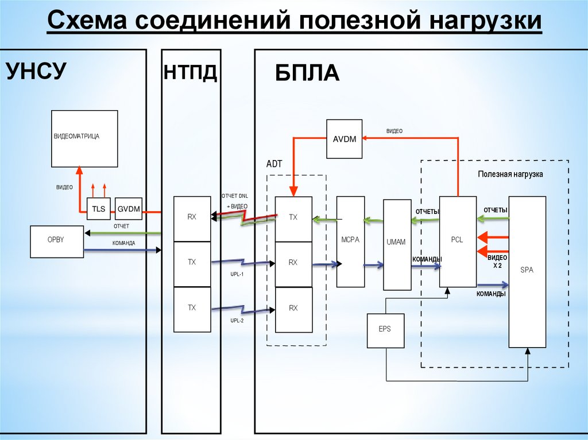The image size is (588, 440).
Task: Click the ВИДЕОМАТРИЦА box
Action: click(x=84, y=138)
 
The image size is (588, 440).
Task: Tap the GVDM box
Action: click(x=128, y=209)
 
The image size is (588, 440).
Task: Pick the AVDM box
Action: click(x=345, y=139)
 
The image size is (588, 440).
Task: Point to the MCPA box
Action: click(x=350, y=242)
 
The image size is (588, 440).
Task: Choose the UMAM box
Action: click(x=397, y=244)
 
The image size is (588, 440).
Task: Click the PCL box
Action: click(x=458, y=241)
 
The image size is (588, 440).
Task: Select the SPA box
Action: click(x=527, y=271)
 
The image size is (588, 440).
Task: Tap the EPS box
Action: click(x=385, y=330)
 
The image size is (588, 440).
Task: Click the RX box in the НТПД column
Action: click(x=192, y=219)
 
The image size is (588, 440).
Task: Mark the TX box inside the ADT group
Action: click(x=293, y=219)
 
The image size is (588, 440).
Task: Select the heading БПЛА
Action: click(x=307, y=74)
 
